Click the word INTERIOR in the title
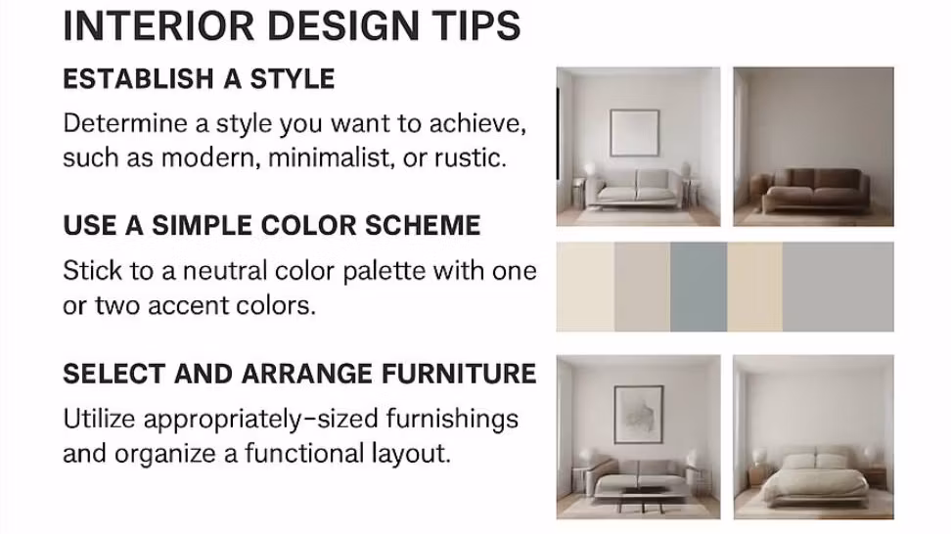(x=158, y=25)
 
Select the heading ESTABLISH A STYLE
(x=199, y=79)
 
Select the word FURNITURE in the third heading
(x=459, y=374)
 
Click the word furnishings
(x=452, y=420)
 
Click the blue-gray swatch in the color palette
(x=699, y=287)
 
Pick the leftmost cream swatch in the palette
(x=585, y=287)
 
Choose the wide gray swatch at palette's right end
(x=838, y=287)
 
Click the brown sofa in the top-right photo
(x=813, y=189)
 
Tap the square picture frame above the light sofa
(x=635, y=133)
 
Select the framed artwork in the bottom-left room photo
(x=639, y=415)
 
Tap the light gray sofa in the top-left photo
(x=637, y=188)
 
